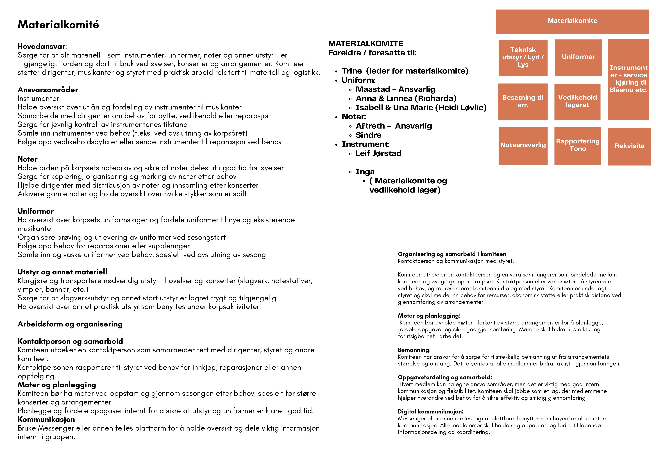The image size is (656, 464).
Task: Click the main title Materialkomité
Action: point(58,25)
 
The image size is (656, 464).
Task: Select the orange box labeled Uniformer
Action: point(578,57)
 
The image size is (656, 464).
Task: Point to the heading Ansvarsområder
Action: point(48,90)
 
